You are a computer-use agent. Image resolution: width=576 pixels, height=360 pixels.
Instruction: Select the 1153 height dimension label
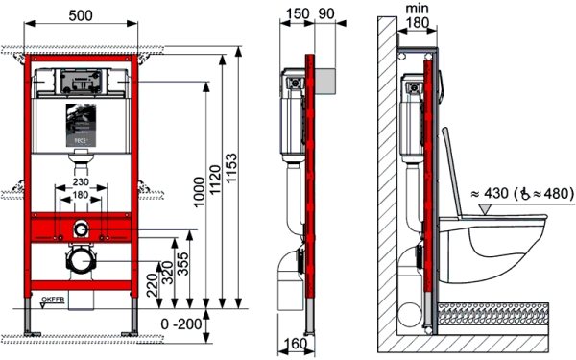tap(252, 182)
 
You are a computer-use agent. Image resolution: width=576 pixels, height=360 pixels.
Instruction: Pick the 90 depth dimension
tap(325, 15)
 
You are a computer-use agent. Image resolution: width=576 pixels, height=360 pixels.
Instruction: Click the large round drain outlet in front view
tap(82, 261)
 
